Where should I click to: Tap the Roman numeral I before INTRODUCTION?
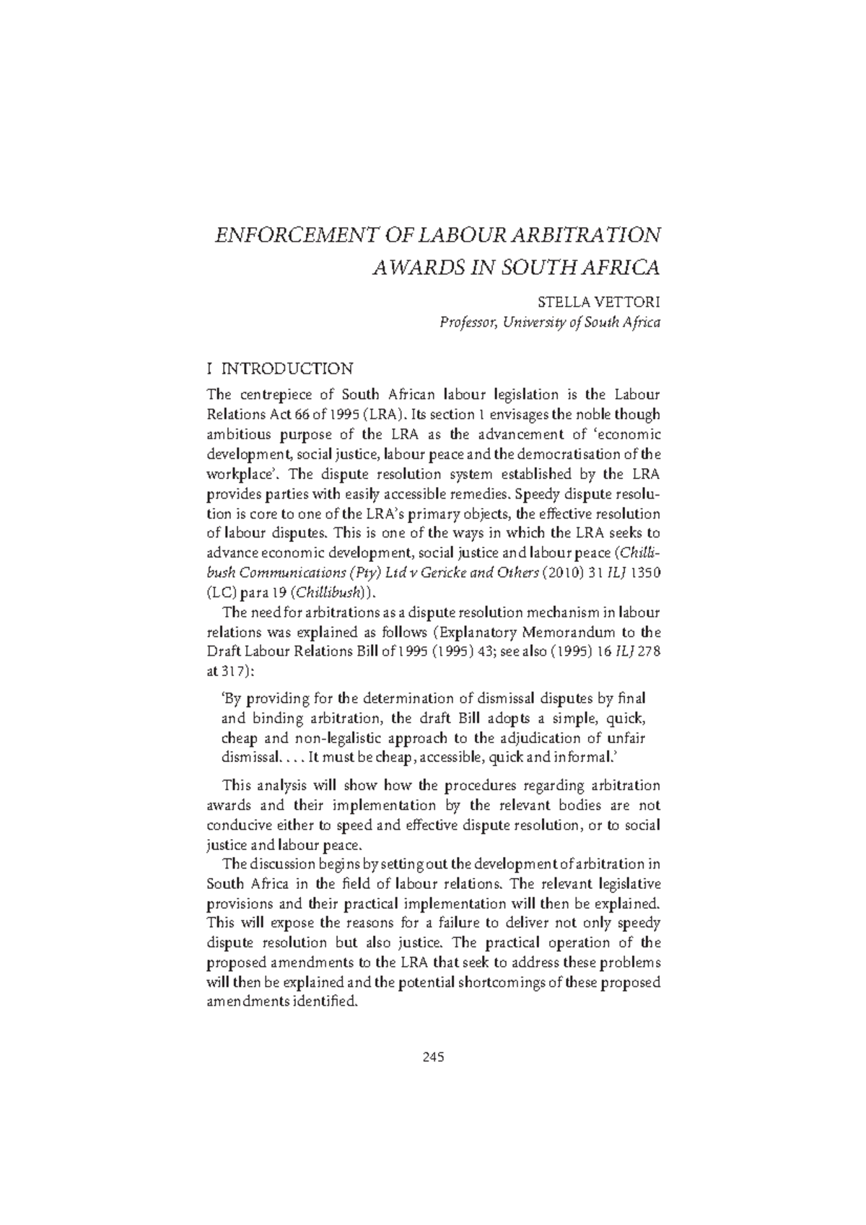(209, 369)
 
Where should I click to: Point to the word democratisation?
(557, 455)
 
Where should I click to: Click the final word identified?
(322, 1002)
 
